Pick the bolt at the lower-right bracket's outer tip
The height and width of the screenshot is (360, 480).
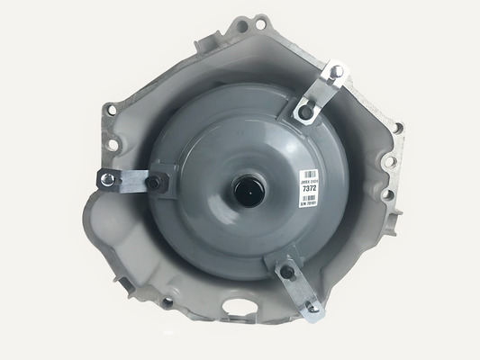click(313, 309)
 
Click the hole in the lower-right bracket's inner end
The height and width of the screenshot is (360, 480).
click(285, 271)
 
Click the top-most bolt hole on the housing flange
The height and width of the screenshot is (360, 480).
click(260, 21)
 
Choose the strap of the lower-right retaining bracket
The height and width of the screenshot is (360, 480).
click(299, 290)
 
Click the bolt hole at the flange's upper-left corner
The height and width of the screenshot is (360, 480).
click(110, 110)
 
